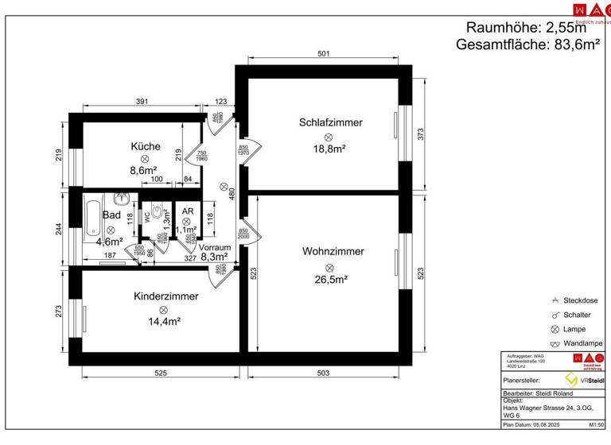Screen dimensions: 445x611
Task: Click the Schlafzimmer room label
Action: point(331,122)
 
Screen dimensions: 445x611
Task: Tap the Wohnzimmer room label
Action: point(333,252)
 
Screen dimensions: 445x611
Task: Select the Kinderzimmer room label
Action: point(166,296)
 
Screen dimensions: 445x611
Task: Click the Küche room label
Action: point(146,146)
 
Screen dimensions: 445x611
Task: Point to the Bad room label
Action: point(111,215)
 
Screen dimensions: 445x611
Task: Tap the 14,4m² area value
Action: point(164,322)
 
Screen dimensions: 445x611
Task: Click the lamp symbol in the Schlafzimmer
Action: point(328,137)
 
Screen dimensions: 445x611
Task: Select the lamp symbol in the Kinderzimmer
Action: point(164,309)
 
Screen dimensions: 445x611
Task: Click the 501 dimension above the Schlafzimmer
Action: point(323,55)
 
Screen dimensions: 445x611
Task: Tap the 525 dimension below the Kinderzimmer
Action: point(160,373)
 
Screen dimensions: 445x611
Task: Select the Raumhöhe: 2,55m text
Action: point(531,27)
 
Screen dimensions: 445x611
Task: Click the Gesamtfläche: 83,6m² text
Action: point(527,45)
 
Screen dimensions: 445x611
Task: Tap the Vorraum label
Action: point(215,247)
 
